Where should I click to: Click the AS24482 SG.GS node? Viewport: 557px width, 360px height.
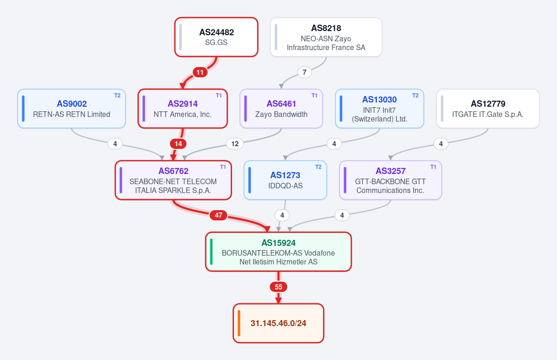tap(216, 37)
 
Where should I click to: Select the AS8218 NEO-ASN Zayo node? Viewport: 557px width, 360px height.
tap(326, 37)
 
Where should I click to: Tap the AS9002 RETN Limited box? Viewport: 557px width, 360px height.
tap(71, 109)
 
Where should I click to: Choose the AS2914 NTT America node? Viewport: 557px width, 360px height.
tap(182, 109)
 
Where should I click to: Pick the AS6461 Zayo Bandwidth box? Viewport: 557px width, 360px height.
tap(281, 109)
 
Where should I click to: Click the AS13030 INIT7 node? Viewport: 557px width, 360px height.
tap(380, 109)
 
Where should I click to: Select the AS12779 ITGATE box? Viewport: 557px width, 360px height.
tap(488, 109)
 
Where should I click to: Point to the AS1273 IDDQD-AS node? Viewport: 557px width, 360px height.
tap(285, 180)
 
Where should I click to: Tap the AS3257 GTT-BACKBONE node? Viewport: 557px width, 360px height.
tap(390, 180)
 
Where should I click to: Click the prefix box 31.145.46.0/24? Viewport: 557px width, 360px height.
tap(278, 323)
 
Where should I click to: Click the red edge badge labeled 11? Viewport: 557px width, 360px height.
tap(200, 72)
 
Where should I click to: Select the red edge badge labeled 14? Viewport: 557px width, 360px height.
tap(178, 144)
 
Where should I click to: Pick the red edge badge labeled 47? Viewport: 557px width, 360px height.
tap(218, 215)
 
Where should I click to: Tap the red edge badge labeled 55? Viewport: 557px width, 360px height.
tap(278, 287)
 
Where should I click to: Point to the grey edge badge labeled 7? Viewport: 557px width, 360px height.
tap(304, 72)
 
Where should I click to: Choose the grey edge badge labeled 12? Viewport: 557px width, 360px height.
tap(235, 144)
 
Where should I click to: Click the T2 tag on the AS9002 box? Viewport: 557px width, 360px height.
tap(117, 96)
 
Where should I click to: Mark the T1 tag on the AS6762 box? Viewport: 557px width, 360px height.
tap(223, 167)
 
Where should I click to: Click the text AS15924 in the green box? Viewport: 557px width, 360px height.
tap(278, 243)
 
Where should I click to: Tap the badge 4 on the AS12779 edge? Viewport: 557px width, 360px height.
tap(441, 144)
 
